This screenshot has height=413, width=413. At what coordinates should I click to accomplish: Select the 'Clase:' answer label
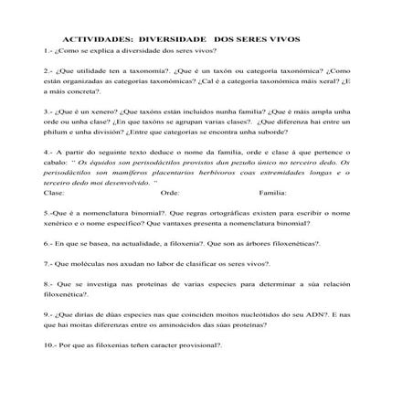click(x=54, y=194)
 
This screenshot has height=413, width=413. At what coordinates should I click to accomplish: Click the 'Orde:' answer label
click(x=169, y=194)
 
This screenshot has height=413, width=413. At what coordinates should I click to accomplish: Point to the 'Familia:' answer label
click(x=273, y=194)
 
